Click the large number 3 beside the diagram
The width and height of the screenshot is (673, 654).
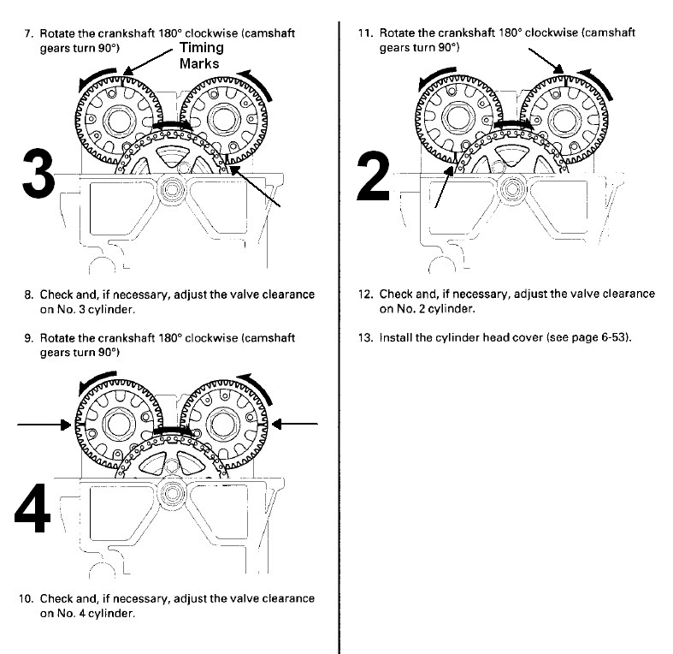pyautogui.click(x=38, y=173)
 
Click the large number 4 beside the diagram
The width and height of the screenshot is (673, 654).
pyautogui.click(x=32, y=508)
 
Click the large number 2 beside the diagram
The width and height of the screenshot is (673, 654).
pyautogui.click(x=373, y=175)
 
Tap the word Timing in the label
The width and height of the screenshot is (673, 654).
pyautogui.click(x=201, y=48)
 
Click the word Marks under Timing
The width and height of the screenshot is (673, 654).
pyautogui.click(x=199, y=63)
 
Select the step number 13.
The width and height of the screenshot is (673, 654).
pyautogui.click(x=364, y=337)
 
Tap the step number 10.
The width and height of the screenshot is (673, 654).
pyautogui.click(x=26, y=598)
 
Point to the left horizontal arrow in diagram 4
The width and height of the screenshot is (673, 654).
pyautogui.click(x=44, y=425)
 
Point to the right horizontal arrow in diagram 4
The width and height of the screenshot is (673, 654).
pyautogui.click(x=295, y=424)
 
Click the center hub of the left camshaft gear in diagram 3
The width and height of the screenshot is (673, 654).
pyautogui.click(x=119, y=121)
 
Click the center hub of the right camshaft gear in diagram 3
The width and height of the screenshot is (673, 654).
pyautogui.click(x=223, y=119)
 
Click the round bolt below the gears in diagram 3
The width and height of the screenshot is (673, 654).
pyautogui.click(x=172, y=189)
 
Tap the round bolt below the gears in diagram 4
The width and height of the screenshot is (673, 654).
pyautogui.click(x=172, y=493)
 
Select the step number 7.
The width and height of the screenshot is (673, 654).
pyautogui.click(x=29, y=33)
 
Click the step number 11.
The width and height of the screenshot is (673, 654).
pyautogui.click(x=366, y=33)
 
